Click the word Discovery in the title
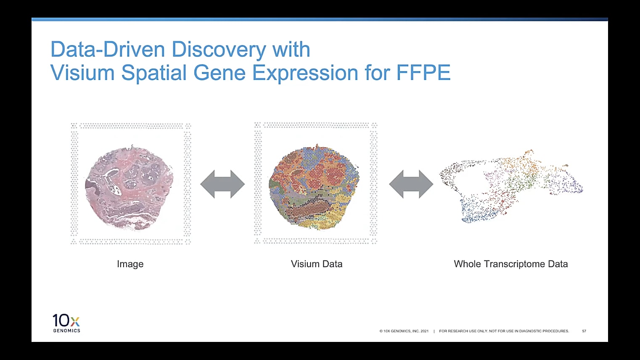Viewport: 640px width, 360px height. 219,50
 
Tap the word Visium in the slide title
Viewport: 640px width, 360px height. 82,73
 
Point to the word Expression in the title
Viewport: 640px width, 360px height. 305,73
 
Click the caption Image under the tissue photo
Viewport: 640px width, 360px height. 130,264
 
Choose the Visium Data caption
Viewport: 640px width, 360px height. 317,264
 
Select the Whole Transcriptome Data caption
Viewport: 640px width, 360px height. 511,264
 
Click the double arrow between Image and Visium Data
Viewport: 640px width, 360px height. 222,184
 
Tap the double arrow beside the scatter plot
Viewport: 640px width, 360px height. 411,184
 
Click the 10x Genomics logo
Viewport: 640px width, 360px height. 66,323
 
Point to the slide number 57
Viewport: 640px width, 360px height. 584,331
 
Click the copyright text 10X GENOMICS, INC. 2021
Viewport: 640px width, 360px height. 404,331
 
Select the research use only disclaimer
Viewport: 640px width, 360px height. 504,331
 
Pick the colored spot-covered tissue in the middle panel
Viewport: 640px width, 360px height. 314,187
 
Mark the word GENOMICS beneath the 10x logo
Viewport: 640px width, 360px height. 66,331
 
